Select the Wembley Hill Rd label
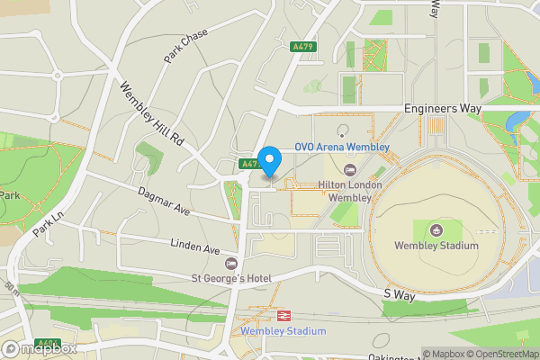(151, 115)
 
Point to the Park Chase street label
(185, 47)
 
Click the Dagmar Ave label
(164, 201)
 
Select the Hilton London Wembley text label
(350, 191)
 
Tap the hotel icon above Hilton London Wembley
(350, 170)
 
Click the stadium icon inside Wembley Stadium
(436, 230)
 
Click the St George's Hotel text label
(230, 278)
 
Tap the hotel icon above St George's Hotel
(230, 263)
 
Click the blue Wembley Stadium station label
(283, 331)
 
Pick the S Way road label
(396, 293)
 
